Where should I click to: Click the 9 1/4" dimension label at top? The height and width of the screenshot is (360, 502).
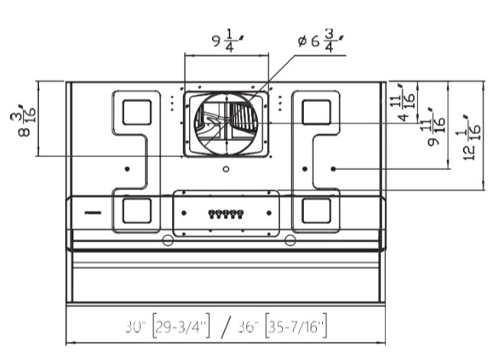pos(228,41)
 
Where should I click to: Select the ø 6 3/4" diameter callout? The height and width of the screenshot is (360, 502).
pos(321,41)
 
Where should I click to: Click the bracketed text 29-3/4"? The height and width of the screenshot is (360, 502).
pos(181,326)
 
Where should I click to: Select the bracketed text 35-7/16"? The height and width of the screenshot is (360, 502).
pos(296,326)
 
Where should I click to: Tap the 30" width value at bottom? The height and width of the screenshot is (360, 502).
pos(135,327)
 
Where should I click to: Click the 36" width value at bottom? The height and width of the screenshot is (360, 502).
pos(248,327)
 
